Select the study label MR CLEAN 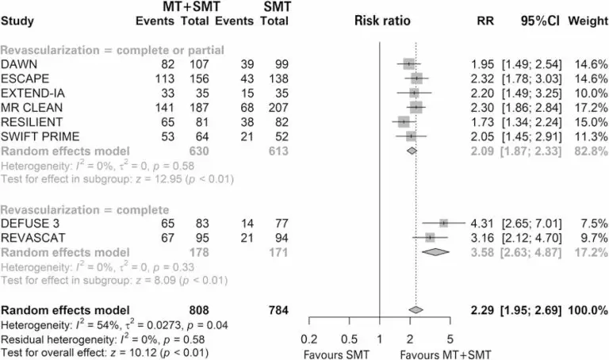click(x=27, y=107)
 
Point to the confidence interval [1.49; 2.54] click(x=534, y=63)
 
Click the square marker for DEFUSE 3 click(x=444, y=224)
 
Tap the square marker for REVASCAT click(x=430, y=238)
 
